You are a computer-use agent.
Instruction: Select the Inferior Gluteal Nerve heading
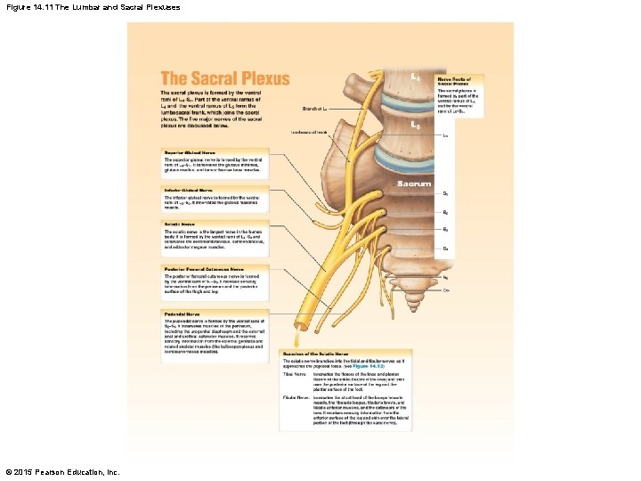[x=188, y=191]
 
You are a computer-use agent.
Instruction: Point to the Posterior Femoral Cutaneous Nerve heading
[x=203, y=268]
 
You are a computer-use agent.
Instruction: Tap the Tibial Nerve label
[x=295, y=373]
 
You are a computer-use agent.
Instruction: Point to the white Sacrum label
[x=414, y=184]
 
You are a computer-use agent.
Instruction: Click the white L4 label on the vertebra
[x=415, y=77]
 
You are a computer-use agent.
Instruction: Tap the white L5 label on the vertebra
[x=415, y=126]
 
